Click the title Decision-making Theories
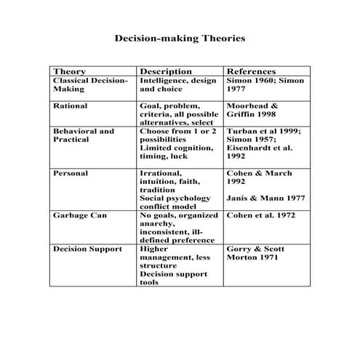[180, 36]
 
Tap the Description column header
[165, 71]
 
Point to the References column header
[251, 71]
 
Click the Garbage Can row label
[79, 216]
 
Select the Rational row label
[70, 105]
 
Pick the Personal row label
[71, 174]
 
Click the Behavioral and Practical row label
[84, 136]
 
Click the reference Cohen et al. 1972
[261, 216]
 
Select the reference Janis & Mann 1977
[264, 198]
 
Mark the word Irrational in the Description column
[161, 174]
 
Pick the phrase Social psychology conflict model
[175, 202]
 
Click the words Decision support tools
[172, 279]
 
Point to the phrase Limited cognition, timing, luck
[176, 153]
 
